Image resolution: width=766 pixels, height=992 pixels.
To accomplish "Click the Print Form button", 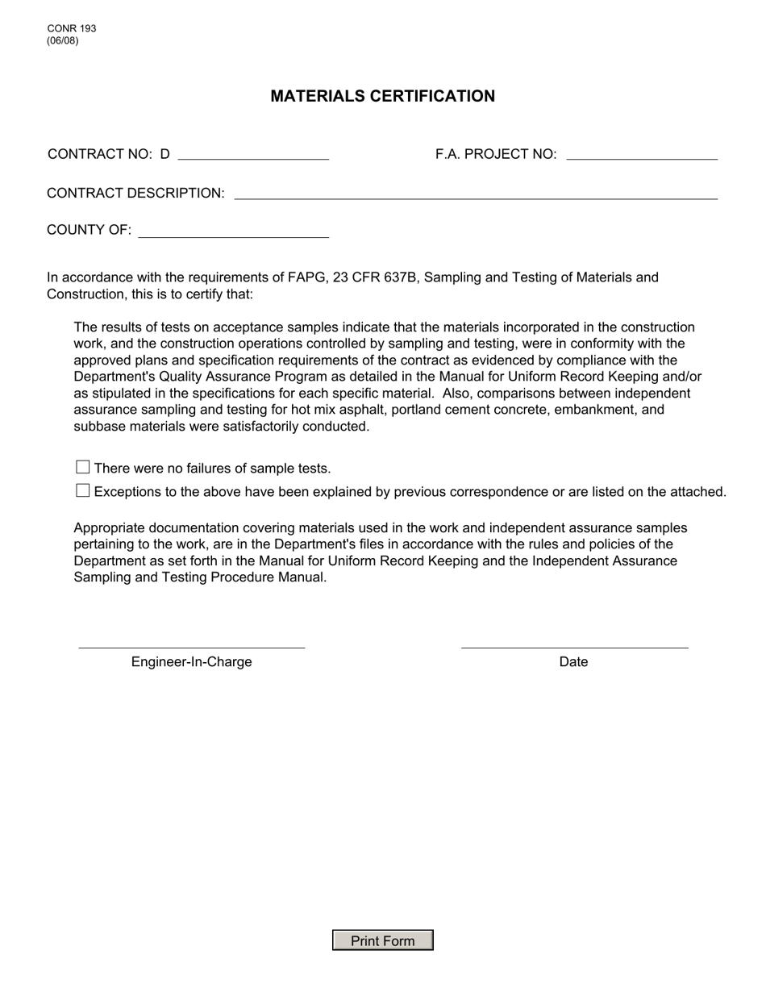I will click(383, 940).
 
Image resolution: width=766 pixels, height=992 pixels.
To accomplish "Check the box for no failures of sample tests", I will click(82, 467).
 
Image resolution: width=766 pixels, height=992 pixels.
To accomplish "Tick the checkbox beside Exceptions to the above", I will click(82, 490).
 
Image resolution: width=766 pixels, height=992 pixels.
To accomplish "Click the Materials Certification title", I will click(383, 96).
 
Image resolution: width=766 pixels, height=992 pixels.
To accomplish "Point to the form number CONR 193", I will click(72, 28).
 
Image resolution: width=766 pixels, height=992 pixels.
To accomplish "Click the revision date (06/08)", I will click(63, 40).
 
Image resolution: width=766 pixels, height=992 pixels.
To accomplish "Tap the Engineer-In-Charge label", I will click(192, 662).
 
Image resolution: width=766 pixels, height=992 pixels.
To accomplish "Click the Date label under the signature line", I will click(573, 662).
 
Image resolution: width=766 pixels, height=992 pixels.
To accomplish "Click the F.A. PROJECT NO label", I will click(496, 154).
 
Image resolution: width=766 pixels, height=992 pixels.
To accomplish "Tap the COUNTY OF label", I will click(89, 230).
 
